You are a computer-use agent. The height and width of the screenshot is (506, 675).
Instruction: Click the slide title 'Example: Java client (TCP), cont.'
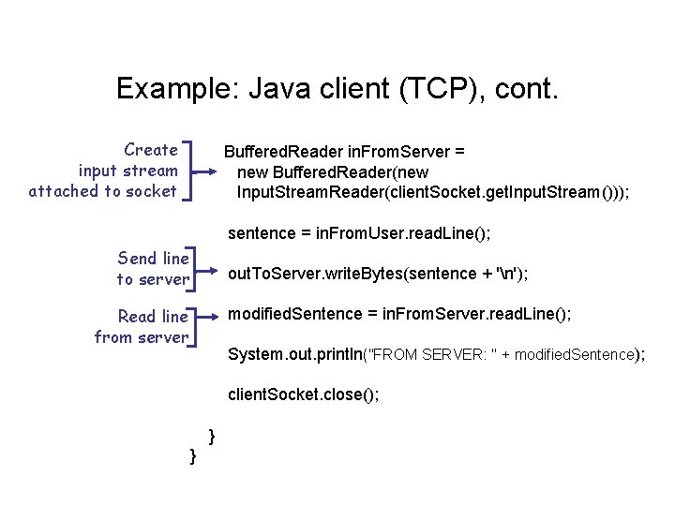[x=337, y=89]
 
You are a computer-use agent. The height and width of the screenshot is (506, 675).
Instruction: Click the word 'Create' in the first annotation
[x=150, y=150]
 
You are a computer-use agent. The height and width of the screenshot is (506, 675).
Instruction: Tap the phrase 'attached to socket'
[x=102, y=191]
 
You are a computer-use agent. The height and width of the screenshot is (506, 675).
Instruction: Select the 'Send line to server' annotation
[x=153, y=268]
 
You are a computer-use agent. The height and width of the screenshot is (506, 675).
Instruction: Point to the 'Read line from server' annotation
[x=142, y=327]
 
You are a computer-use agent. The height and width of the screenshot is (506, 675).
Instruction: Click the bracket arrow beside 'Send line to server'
[x=202, y=268]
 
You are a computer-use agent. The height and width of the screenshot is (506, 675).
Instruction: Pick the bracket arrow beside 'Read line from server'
[x=202, y=326]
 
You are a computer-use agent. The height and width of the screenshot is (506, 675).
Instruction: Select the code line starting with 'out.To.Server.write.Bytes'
[x=378, y=274]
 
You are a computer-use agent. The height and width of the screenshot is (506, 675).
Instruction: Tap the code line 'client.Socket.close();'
[x=304, y=394]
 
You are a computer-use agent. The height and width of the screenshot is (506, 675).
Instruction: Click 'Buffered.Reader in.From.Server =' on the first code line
[x=344, y=151]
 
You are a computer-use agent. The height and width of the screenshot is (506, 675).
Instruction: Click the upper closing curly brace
[x=212, y=435]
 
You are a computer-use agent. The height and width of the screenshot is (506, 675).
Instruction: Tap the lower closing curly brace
[x=192, y=455]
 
